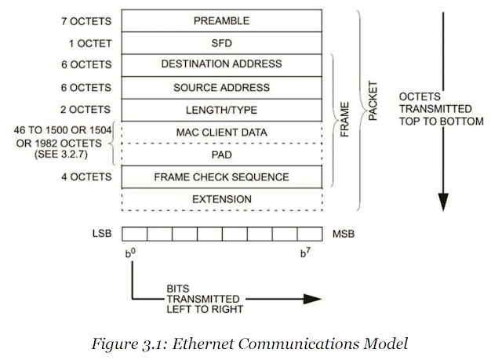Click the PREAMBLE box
[222, 21]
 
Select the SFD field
[222, 43]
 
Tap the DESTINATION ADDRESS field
[222, 65]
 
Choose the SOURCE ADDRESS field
[222, 87]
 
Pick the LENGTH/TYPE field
[222, 110]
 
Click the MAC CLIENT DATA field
[222, 132]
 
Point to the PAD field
[222, 155]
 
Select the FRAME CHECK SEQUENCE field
[222, 176]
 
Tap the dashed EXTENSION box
[222, 199]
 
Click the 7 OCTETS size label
[85, 21]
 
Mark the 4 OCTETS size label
[85, 177]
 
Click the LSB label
[102, 234]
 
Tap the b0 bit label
[129, 253]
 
